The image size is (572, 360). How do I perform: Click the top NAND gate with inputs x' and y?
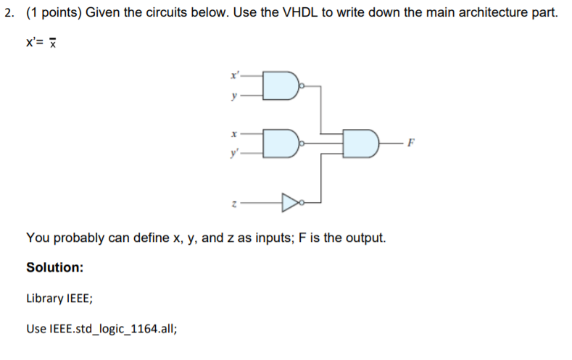click(x=280, y=85)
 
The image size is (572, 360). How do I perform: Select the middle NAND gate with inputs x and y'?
click(x=280, y=143)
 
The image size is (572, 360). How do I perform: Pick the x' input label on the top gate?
click(x=233, y=75)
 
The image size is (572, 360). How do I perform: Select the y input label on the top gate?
click(x=233, y=95)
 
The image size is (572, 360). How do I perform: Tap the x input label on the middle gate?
click(x=233, y=134)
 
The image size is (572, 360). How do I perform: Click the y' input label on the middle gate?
click(x=233, y=154)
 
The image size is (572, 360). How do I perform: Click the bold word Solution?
click(x=54, y=267)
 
